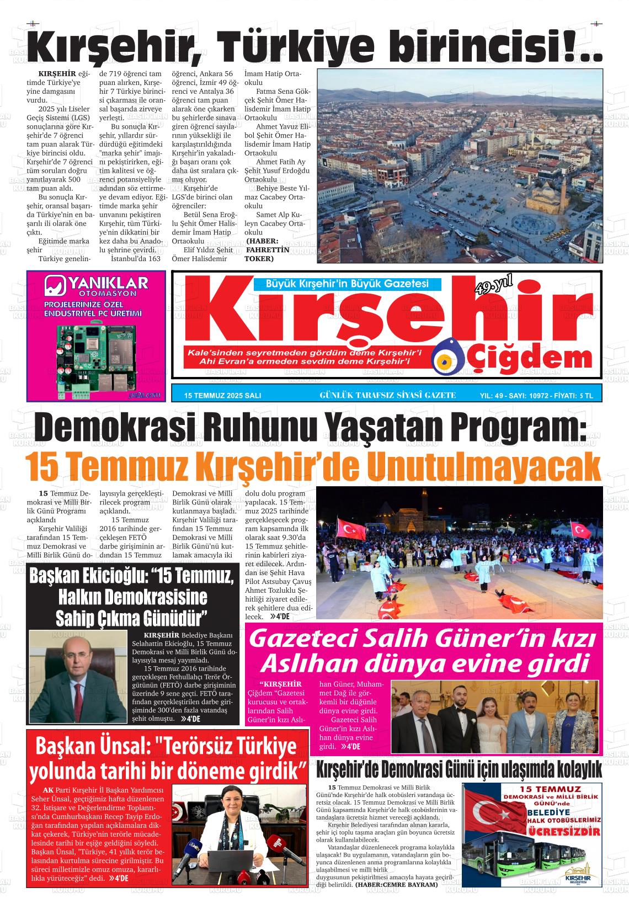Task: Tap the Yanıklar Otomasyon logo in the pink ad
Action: tap(96, 286)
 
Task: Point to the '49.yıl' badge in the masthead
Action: tap(494, 286)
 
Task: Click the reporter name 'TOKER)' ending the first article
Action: tap(259, 258)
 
